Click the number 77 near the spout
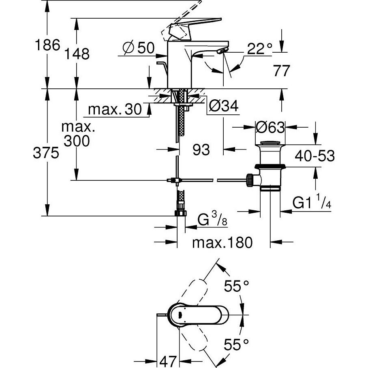[x=282, y=71]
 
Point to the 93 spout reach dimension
[x=201, y=150]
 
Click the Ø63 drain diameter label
[x=270, y=127]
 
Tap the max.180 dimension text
[x=222, y=243]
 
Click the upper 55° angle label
[x=236, y=287]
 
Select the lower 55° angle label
[x=236, y=345]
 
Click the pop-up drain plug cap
[x=270, y=142]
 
